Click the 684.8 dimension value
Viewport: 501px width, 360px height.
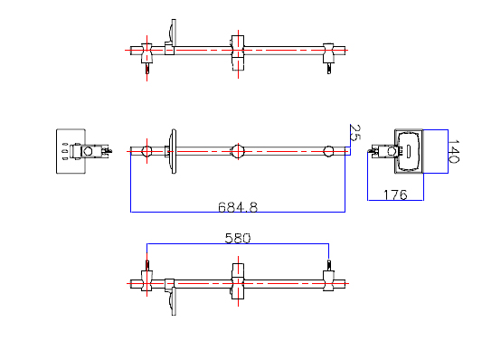pyautogui.click(x=238, y=207)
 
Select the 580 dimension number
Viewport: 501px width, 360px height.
pyautogui.click(x=238, y=239)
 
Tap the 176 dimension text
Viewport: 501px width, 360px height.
pyautogui.click(x=395, y=194)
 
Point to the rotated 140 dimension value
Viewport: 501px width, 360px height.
pyautogui.click(x=453, y=151)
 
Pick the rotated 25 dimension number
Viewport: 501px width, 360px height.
pyautogui.click(x=354, y=133)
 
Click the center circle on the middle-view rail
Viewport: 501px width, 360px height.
pyautogui.click(x=238, y=151)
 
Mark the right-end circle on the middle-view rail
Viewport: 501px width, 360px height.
pyautogui.click(x=328, y=151)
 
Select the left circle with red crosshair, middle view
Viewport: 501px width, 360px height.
pyautogui.click(x=147, y=151)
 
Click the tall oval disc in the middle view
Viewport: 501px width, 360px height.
pyautogui.click(x=174, y=151)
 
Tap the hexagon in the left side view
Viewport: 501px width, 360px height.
pyautogui.click(x=88, y=151)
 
